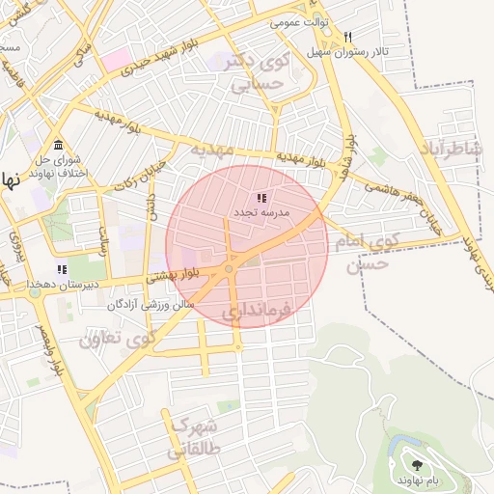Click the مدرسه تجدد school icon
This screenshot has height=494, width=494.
pyautogui.click(x=261, y=197)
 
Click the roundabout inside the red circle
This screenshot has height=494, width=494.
pyautogui.click(x=230, y=268)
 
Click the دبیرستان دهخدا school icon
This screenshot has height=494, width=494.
pyautogui.click(x=62, y=270)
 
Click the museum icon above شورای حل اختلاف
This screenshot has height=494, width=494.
pyautogui.click(x=58, y=144)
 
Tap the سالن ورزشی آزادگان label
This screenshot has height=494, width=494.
pyautogui.click(x=152, y=305)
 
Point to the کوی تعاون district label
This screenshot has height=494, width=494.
pyautogui.click(x=117, y=339)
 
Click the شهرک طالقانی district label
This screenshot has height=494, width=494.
pyautogui.click(x=194, y=437)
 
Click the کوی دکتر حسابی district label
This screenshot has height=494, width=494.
pyautogui.click(x=257, y=72)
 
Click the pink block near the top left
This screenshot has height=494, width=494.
pyautogui.click(x=116, y=60)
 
